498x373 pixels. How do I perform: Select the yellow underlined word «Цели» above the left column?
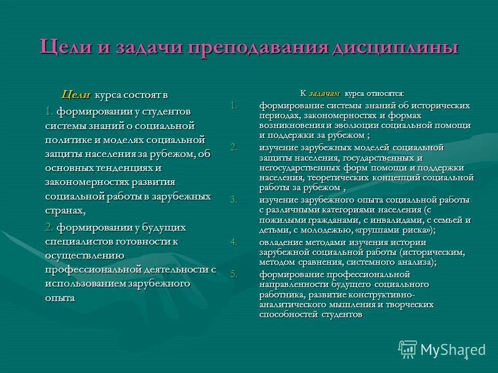click(76, 95)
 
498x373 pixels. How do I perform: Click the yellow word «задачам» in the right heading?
click(324, 94)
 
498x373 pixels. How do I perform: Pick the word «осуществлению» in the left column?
click(84, 255)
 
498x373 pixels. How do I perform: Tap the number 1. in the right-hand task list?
click(234, 106)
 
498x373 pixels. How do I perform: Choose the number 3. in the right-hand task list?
click(234, 199)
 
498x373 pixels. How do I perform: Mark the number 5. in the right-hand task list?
click(234, 275)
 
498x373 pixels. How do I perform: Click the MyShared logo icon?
click(408, 349)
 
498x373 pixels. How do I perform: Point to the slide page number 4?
click(466, 357)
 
